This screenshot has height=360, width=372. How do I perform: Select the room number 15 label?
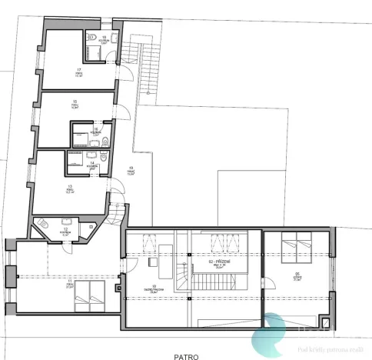75,103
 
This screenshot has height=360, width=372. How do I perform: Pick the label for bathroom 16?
96,132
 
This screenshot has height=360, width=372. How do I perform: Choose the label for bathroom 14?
91,164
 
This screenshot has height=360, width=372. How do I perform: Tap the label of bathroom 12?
66,231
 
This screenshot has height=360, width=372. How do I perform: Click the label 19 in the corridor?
131,170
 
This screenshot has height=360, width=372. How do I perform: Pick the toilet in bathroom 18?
114,38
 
